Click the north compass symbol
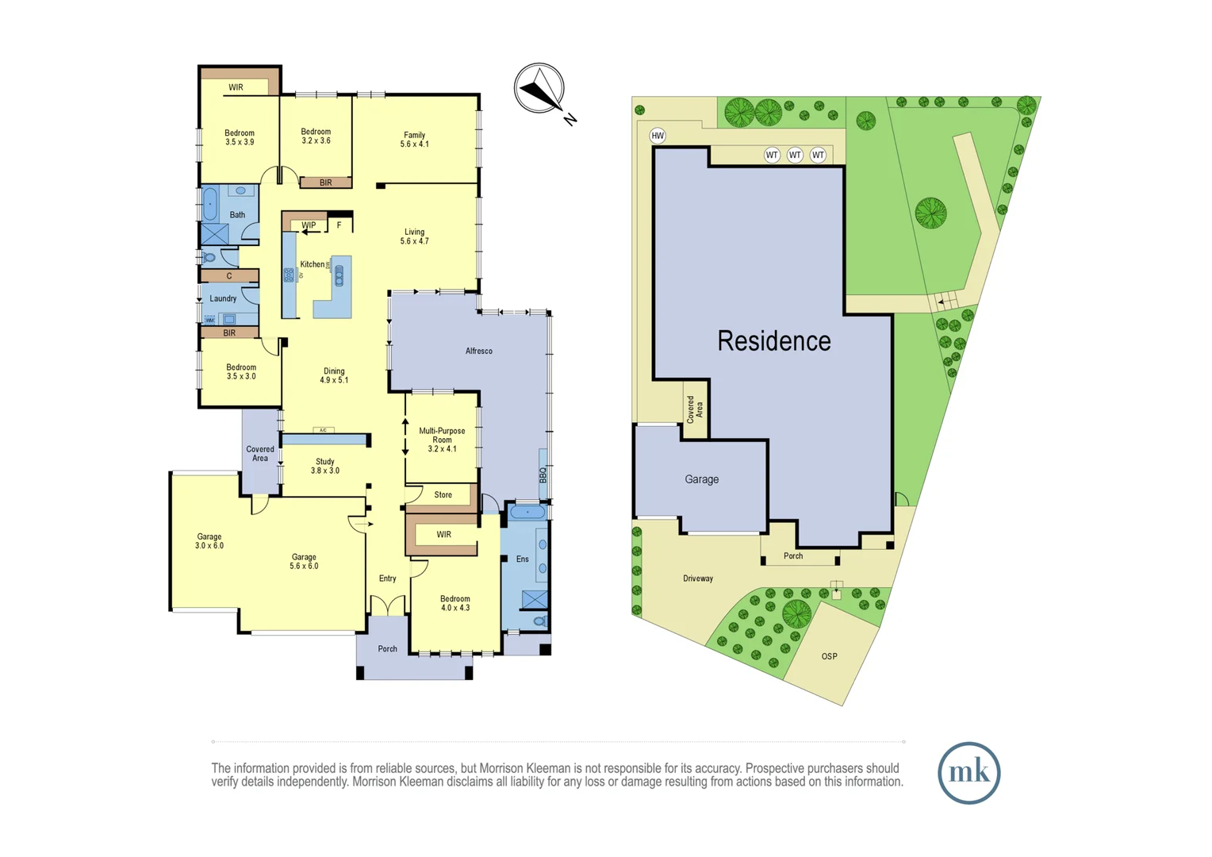(x=539, y=89)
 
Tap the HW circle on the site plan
(x=657, y=136)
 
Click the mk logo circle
(x=968, y=773)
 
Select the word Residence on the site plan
(x=774, y=341)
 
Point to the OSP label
(x=829, y=656)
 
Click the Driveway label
(x=698, y=578)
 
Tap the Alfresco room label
(x=479, y=351)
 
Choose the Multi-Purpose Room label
(x=442, y=440)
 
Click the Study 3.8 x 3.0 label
(x=325, y=466)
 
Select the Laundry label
(x=223, y=298)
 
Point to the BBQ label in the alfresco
(x=543, y=475)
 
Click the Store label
(x=443, y=494)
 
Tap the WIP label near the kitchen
(x=309, y=225)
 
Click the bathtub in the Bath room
(x=210, y=204)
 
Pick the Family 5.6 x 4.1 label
(x=414, y=140)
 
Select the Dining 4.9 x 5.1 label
(x=334, y=375)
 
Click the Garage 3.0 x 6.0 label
(x=209, y=541)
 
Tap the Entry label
(x=387, y=578)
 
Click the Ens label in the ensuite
(x=522, y=559)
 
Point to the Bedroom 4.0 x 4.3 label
(x=455, y=603)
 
